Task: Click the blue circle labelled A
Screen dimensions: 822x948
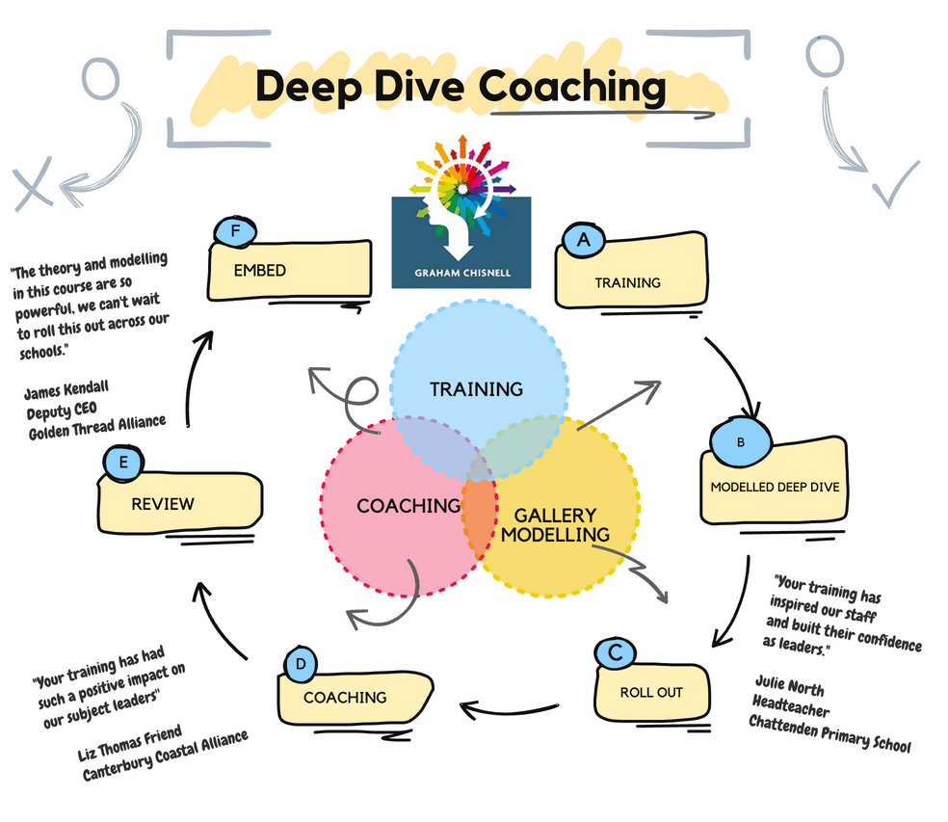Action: click(581, 242)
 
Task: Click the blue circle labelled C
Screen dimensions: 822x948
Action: click(615, 652)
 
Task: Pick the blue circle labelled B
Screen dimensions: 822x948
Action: click(740, 440)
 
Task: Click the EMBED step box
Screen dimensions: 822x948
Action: click(289, 271)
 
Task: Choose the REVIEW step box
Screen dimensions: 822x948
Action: click(179, 502)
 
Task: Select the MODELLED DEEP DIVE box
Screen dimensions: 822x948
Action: click(776, 486)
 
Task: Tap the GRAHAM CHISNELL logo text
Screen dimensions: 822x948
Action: click(461, 272)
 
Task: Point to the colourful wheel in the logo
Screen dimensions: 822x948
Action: click(461, 177)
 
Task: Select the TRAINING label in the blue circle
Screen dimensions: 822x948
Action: click(476, 389)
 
